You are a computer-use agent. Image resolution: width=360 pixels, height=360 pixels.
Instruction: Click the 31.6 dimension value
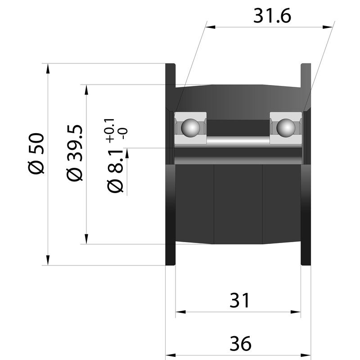(272, 16)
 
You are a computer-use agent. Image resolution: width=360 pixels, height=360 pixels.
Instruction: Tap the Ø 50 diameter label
(36, 153)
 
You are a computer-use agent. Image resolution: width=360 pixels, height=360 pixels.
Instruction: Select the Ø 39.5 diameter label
(74, 153)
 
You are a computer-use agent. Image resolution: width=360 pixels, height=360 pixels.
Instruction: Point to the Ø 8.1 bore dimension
(115, 170)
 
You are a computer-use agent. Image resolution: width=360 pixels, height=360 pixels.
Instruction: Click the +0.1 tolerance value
(109, 130)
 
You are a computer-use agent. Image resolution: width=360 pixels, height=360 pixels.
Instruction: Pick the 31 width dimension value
(239, 300)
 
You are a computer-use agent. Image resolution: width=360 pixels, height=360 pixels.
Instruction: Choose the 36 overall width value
(240, 344)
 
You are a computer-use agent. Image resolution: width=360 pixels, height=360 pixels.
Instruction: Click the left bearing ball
(190, 128)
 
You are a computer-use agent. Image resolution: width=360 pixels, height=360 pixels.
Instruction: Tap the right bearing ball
(286, 128)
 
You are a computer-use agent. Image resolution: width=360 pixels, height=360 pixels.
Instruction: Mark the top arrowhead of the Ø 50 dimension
(48, 68)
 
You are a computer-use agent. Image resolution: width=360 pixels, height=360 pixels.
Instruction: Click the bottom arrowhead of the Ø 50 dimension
(48, 261)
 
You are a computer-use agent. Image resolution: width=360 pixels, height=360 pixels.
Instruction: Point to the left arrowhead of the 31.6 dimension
(210, 27)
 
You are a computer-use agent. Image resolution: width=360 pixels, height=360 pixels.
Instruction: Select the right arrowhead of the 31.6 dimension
(328, 27)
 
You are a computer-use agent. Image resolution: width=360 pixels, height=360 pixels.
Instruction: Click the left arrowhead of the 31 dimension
(180, 312)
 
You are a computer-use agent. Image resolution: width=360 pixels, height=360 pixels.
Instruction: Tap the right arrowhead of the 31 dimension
(296, 312)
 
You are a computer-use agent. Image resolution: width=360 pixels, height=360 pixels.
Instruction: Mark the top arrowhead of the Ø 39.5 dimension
(86, 90)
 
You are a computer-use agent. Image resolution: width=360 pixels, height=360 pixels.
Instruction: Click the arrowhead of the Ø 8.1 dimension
(127, 153)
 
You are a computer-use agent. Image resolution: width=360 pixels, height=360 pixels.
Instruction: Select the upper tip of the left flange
(171, 63)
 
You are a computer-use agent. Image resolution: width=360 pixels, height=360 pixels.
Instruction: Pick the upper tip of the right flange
(306, 63)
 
